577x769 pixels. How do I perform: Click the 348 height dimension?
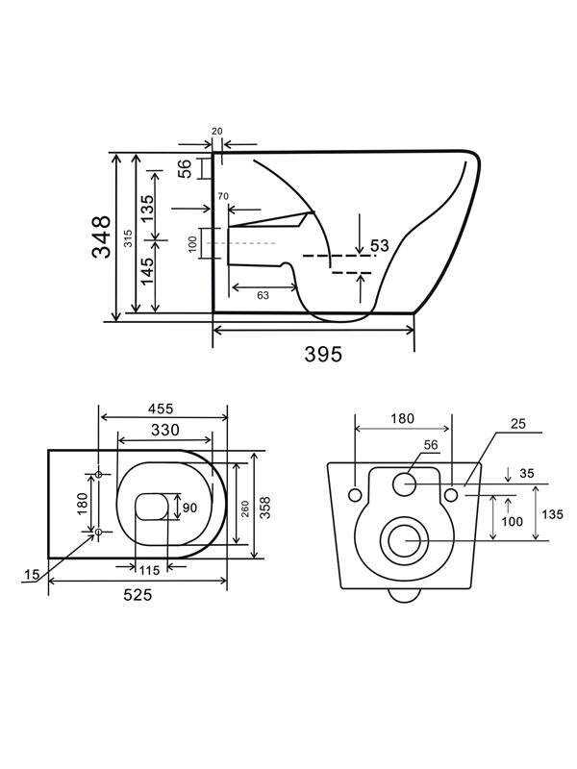point(101,236)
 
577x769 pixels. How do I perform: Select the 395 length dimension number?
point(324,354)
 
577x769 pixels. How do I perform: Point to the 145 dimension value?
point(148,276)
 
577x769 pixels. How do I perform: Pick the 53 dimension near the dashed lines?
point(379,246)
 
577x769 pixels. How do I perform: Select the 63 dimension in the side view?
point(263,295)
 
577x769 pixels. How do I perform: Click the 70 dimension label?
point(223,196)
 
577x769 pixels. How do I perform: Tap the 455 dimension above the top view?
point(163,407)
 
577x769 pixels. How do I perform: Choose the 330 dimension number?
point(166,429)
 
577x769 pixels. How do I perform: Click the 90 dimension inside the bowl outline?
point(189,508)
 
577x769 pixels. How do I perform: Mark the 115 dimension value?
point(149,570)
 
